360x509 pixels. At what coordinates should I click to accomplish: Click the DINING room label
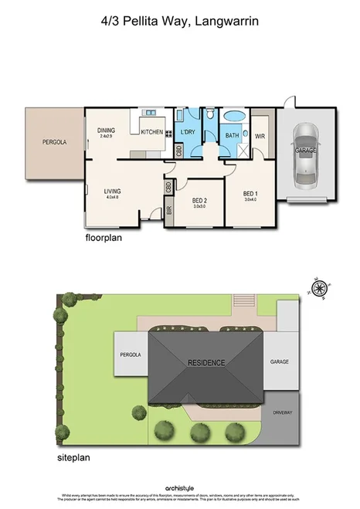click(x=107, y=131)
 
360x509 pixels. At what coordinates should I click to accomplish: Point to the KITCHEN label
click(x=151, y=132)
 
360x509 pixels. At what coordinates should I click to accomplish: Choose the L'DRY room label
click(x=187, y=133)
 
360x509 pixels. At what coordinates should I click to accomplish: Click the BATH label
click(x=232, y=136)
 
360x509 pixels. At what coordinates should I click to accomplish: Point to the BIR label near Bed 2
click(x=168, y=209)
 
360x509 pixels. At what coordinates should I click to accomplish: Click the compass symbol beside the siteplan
click(x=318, y=288)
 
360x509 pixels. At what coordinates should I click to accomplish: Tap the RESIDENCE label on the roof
click(x=205, y=361)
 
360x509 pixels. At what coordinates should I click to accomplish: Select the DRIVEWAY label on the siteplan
click(x=282, y=411)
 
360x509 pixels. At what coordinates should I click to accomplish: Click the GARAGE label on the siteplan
click(x=280, y=361)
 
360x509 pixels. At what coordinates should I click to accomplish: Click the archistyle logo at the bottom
click(x=179, y=488)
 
